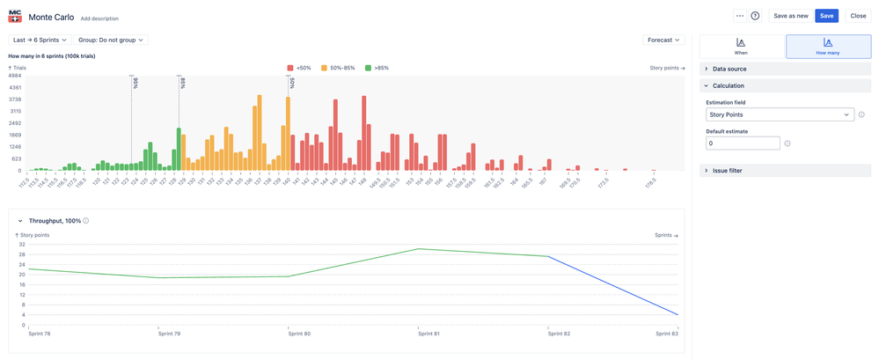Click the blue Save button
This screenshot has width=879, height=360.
coord(825,16)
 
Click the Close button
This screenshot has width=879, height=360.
coord(857,16)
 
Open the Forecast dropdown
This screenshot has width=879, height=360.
coord(663,40)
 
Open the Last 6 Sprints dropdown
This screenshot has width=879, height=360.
coord(40,40)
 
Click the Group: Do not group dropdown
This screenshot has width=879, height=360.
coord(112,40)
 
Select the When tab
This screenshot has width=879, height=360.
coord(741,47)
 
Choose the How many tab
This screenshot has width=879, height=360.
coord(828,47)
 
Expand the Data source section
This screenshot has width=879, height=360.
coord(729,69)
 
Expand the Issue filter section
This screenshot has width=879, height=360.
coord(727,171)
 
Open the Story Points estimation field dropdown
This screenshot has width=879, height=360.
coord(780,114)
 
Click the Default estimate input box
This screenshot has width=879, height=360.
coord(743,143)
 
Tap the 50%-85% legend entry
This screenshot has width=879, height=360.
coord(338,68)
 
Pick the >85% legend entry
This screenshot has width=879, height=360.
coord(377,68)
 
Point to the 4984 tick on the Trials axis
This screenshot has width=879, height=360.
coord(15,76)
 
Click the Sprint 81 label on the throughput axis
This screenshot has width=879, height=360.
coord(429,334)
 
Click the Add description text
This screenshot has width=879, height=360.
coord(99,18)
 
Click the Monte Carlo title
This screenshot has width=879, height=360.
coord(51,17)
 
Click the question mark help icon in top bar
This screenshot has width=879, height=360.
coord(755,16)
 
